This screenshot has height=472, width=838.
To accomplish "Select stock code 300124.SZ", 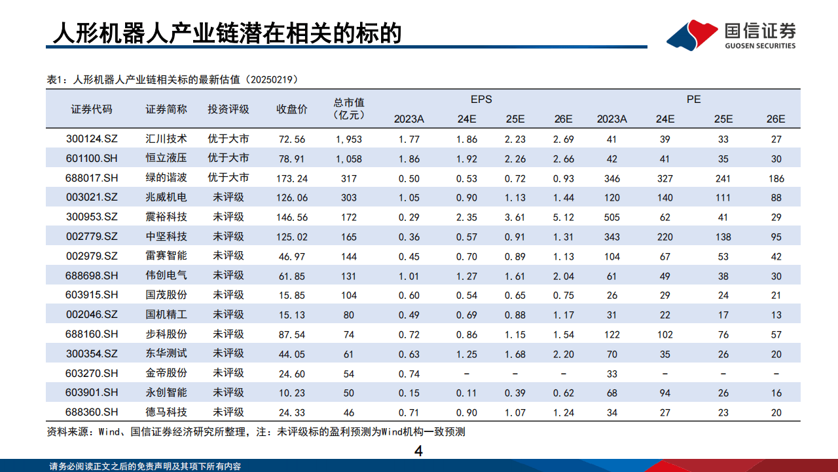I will tap(92, 139).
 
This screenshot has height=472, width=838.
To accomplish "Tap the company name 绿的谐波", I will tap(166, 178).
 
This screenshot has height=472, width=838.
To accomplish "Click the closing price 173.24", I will tap(292, 178).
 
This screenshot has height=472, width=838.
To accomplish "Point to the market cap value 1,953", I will tap(349, 139).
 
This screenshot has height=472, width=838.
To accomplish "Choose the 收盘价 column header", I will tap(292, 109).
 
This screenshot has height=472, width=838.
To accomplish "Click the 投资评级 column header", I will tap(228, 109).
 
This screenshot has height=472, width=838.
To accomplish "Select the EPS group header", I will tap(481, 100).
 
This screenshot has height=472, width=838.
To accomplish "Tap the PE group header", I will tap(693, 100).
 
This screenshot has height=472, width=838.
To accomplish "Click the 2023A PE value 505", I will tap(611, 217).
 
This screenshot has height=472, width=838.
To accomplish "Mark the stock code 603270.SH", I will tap(92, 373).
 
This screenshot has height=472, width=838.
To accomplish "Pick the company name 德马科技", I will tap(166, 412).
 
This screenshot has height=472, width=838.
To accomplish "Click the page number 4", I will tap(419, 451).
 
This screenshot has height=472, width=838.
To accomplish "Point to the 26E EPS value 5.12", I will tap(563, 217).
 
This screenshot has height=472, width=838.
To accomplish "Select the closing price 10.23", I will tap(292, 393).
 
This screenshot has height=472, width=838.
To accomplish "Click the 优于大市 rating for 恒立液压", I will tap(228, 158).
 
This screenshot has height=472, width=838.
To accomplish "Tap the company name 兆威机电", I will tap(166, 197).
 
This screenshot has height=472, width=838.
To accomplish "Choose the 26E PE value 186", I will tap(776, 178).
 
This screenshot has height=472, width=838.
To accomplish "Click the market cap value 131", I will tap(349, 275).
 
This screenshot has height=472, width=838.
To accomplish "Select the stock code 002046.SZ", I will tap(92, 315).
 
